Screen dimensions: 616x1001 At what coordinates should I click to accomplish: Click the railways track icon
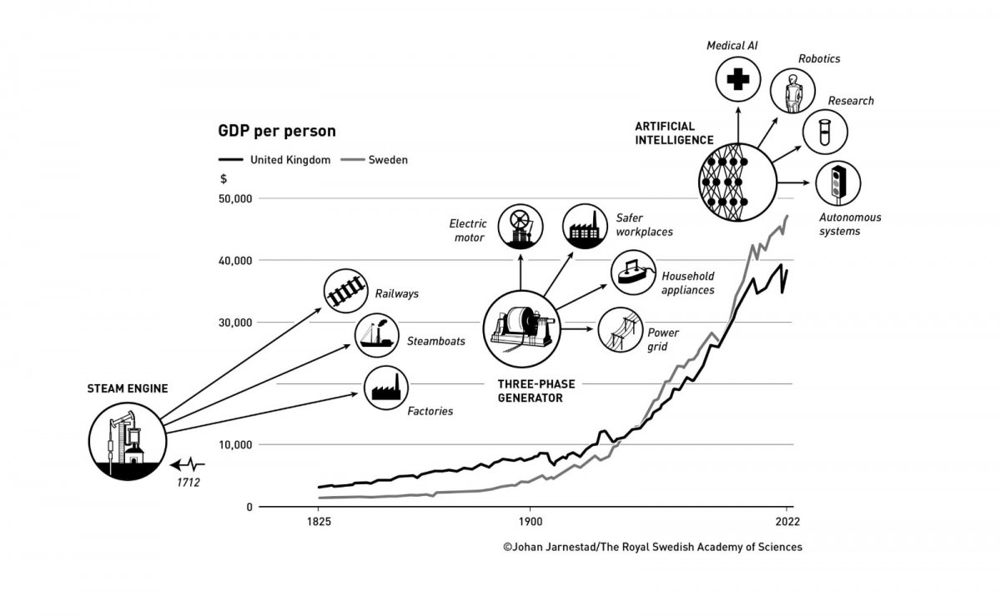[346, 292]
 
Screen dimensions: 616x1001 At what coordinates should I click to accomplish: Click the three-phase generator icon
[523, 328]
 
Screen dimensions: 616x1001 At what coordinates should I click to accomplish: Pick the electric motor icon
[520, 225]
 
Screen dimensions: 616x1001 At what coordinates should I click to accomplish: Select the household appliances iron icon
[633, 272]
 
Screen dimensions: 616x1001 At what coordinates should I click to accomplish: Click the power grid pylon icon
[620, 330]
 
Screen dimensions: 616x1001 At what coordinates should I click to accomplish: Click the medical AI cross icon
[737, 81]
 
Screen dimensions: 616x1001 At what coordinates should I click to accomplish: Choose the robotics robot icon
[790, 91]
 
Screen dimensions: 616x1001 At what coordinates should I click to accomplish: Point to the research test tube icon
[824, 132]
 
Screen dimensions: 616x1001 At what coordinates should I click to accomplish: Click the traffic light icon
[838, 182]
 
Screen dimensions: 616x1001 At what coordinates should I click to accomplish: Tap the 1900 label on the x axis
[529, 523]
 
